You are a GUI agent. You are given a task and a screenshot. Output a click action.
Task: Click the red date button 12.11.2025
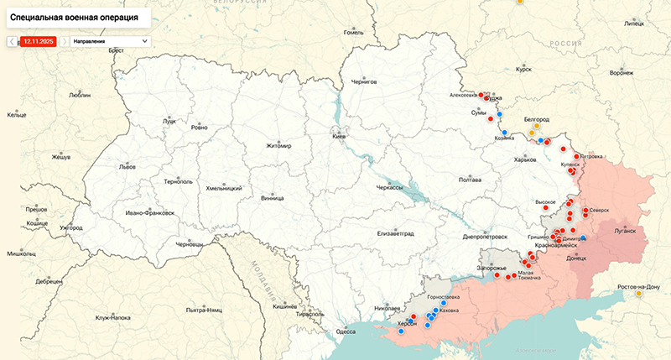point(38,40)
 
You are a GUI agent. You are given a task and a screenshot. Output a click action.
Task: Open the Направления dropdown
point(110,40)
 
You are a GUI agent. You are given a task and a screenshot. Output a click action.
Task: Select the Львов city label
point(127,167)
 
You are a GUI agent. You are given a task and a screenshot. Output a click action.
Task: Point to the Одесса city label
point(346,331)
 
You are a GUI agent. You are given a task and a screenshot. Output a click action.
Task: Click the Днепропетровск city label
point(486,237)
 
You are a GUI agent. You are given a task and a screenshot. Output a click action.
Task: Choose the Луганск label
point(626,229)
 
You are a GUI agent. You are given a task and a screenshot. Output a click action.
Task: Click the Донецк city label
point(577,258)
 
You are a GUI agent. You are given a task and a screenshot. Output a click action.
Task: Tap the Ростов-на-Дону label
point(638,287)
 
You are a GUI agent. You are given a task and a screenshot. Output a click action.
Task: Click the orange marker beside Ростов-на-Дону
point(639,294)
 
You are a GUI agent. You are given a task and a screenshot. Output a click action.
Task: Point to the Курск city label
point(524,70)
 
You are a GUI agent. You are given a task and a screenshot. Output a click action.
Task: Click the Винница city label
point(273,199)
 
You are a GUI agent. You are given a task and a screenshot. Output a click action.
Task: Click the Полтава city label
point(471,180)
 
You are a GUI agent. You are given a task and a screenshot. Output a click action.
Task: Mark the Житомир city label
point(278,145)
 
